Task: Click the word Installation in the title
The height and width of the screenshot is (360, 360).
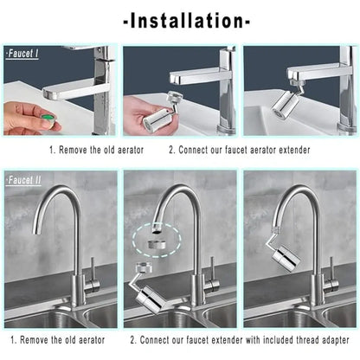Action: click(x=180, y=19)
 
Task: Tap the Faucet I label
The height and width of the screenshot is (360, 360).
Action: click(x=22, y=54)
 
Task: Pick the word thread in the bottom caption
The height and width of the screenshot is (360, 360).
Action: click(x=297, y=340)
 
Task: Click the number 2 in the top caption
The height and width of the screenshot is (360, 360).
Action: click(x=171, y=149)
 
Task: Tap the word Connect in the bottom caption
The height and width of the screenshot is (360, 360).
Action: click(x=157, y=340)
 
